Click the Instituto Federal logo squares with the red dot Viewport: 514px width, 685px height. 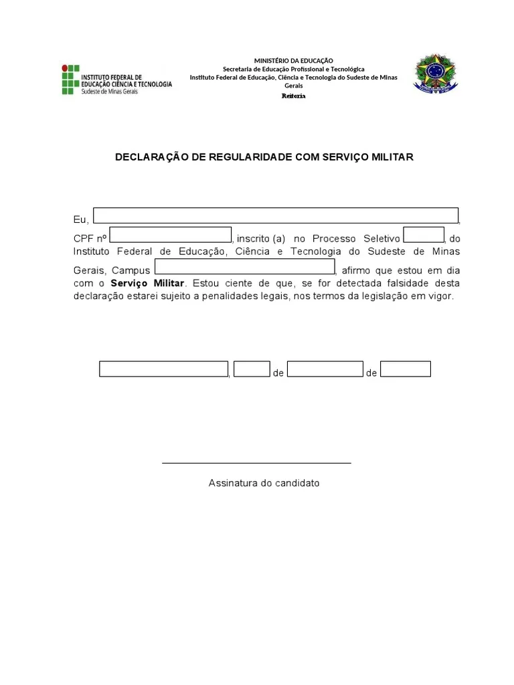point(70,80)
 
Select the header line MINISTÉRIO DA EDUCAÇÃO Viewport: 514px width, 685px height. point(293,61)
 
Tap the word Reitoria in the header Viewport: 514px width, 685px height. point(293,96)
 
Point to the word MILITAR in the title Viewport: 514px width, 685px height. point(390,157)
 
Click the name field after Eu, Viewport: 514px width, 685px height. point(276,215)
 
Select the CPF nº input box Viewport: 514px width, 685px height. point(171,235)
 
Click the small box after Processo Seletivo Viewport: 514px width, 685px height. point(424,235)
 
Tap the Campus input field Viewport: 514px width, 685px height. point(244,267)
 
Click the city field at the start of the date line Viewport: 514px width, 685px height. point(164,369)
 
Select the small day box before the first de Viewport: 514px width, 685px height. point(252,369)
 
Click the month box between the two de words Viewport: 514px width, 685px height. point(325,369)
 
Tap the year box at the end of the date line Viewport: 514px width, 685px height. point(406,369)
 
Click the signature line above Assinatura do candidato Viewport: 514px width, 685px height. point(256,462)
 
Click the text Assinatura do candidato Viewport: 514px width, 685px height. point(264,483)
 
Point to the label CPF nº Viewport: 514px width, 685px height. point(90,239)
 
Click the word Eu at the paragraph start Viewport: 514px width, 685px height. point(79,219)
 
